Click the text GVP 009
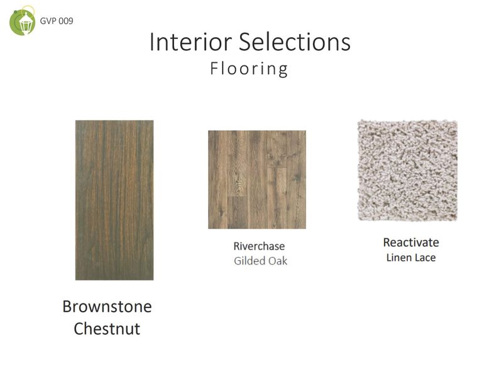[x=56, y=21]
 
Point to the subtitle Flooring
[x=249, y=68]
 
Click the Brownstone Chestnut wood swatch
[x=114, y=200]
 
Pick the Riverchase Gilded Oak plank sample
[x=256, y=179]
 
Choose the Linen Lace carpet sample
[x=407, y=170]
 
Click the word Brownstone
[x=107, y=307]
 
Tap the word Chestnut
[x=107, y=328]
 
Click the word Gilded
[x=249, y=260]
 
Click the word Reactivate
[x=411, y=242]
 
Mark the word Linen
[x=398, y=258]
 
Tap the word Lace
[x=425, y=258]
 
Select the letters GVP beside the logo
[x=48, y=21]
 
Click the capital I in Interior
[x=151, y=42]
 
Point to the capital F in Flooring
[x=214, y=68]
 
